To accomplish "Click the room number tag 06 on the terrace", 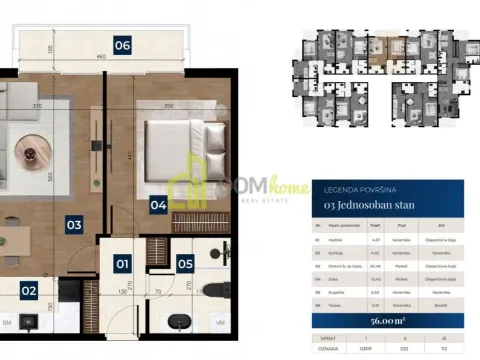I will [122, 45].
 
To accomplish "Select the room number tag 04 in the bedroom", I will [158, 207].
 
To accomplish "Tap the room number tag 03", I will [74, 225].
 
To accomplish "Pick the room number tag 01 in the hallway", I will [122, 265].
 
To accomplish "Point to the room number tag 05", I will [185, 265].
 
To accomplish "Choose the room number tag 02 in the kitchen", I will [29, 291].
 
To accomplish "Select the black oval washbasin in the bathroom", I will [177, 322].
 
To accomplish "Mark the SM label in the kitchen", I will [7, 323].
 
